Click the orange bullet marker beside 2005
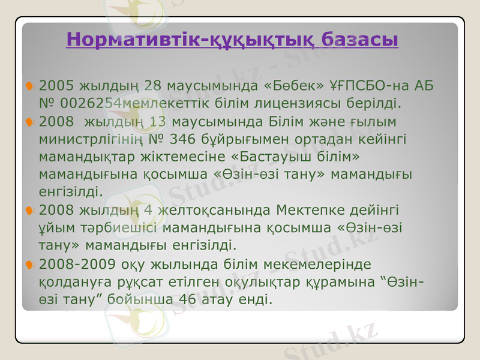click(x=29, y=87)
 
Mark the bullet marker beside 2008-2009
click(x=29, y=265)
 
